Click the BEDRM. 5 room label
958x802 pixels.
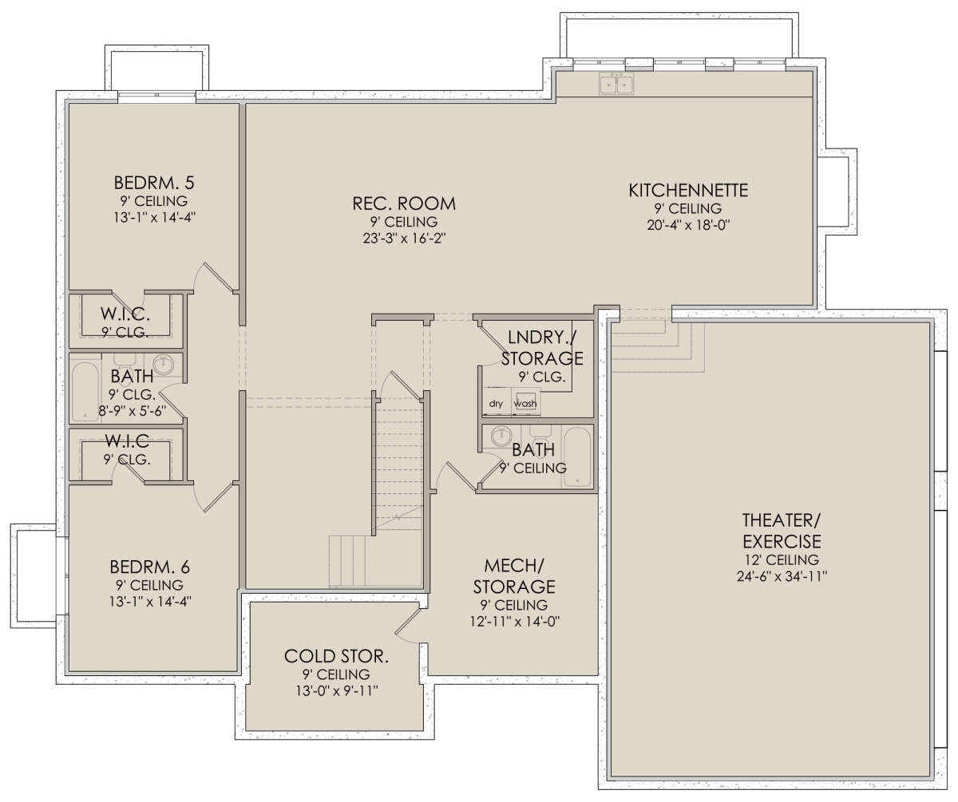tap(154, 183)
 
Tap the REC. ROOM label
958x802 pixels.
tap(404, 203)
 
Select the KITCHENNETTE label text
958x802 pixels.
tap(688, 190)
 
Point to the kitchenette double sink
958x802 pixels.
tap(616, 85)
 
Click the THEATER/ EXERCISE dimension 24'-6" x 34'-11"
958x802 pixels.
tap(782, 576)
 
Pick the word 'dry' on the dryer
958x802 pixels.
tap(496, 404)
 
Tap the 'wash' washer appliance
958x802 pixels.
tap(526, 402)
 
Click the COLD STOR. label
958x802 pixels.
tap(336, 656)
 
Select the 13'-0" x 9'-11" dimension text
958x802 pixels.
tap(337, 690)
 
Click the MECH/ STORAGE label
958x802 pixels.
tap(514, 576)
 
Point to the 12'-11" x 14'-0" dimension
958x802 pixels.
tap(514, 622)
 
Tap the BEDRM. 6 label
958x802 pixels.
tap(149, 567)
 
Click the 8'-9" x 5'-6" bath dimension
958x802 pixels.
tap(133, 410)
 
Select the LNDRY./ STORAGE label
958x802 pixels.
tap(542, 348)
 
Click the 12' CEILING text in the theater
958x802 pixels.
tap(782, 560)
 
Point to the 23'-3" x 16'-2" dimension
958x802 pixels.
tap(404, 239)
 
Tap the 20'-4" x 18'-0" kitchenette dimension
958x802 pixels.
tap(688, 225)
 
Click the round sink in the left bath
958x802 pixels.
tap(163, 365)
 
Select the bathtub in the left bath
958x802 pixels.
tap(85, 391)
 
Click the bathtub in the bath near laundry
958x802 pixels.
tap(577, 457)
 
